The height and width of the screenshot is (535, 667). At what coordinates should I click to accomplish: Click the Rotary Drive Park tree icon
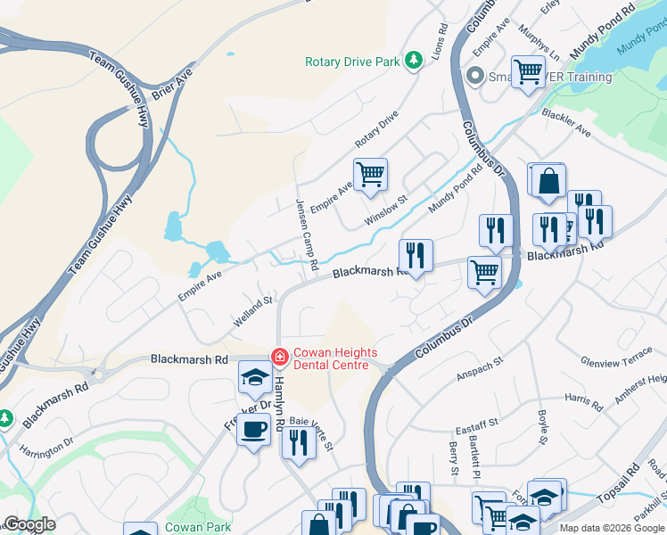click(413, 61)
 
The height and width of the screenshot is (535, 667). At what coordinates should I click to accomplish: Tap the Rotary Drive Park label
click(352, 62)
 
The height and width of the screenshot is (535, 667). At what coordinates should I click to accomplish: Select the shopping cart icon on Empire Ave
click(370, 174)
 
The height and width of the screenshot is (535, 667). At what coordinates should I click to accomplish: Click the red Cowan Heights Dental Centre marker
click(280, 357)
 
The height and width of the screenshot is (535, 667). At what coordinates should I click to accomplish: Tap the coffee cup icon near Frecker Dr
click(254, 429)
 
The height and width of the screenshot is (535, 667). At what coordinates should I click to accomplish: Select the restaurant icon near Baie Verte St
click(298, 443)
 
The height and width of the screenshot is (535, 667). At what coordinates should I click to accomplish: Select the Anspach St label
click(480, 367)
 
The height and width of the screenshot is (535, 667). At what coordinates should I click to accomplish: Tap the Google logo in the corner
click(29, 524)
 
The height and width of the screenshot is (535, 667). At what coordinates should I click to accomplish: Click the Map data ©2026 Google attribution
click(612, 528)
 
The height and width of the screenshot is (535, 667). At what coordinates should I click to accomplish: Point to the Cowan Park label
click(198, 527)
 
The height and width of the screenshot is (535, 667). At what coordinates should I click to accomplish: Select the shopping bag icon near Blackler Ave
click(547, 179)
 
